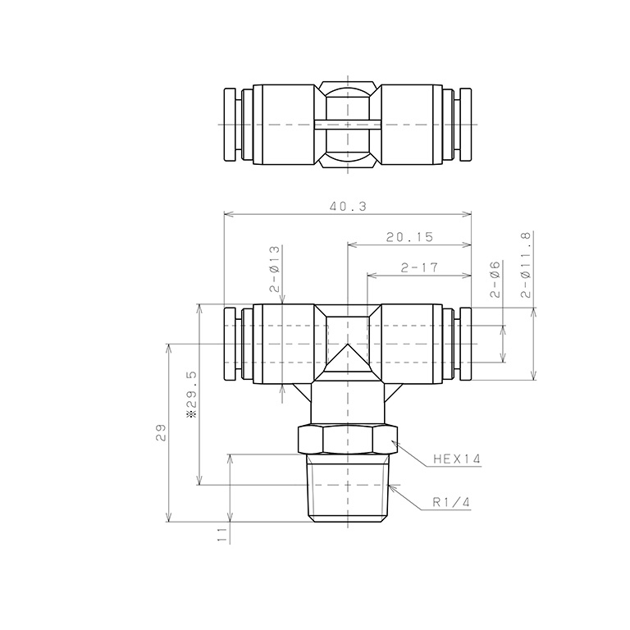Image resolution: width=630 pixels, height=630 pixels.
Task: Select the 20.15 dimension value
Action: pos(410,237)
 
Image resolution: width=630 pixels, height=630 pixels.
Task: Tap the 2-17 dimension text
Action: pos(419,267)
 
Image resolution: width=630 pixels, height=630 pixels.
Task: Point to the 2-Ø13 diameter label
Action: pos(275,269)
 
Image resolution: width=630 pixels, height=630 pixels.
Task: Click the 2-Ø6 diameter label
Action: pos(495,279)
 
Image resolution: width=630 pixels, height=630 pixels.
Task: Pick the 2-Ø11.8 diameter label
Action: pos(526,264)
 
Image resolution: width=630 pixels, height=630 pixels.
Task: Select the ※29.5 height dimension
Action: pos(192,395)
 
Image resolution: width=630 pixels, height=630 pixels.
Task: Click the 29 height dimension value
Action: pos(161,433)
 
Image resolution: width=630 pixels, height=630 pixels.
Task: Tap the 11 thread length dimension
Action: pos(221,535)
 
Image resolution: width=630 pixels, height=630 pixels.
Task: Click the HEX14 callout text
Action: pos(457,459)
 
